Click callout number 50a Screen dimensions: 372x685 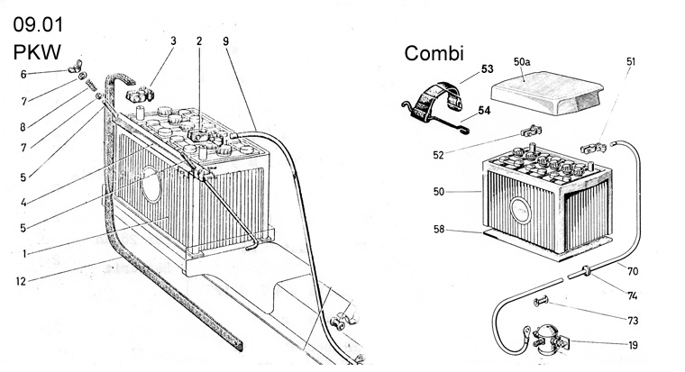[x=523, y=61]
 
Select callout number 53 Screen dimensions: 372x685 [x=487, y=68]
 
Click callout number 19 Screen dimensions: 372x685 [x=635, y=345]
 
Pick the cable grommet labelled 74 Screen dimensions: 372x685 [x=585, y=270]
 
